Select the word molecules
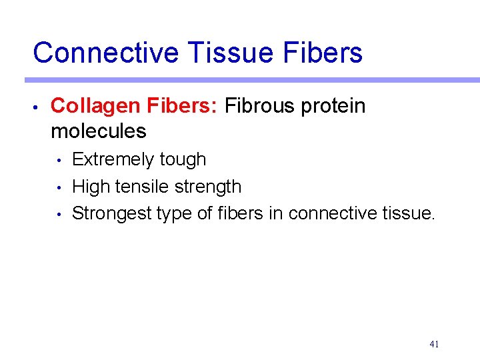(98, 131)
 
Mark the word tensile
(139, 187)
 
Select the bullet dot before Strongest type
(59, 215)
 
